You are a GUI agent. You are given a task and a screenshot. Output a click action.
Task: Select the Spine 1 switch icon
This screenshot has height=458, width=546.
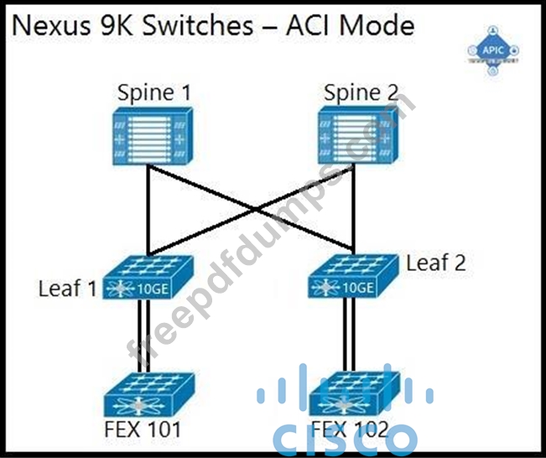tap(148, 137)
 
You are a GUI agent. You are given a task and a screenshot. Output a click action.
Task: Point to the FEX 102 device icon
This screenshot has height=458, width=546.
tap(347, 394)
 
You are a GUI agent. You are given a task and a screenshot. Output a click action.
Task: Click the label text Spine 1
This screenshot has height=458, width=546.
tap(153, 92)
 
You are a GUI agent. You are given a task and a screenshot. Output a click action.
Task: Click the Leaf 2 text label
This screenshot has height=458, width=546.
tap(435, 263)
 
